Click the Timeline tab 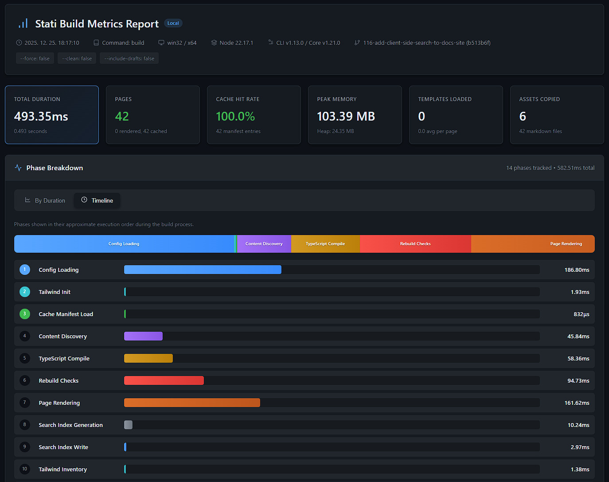tap(97, 200)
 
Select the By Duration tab tap(45, 200)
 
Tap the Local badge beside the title tap(173, 23)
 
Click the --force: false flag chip tap(35, 59)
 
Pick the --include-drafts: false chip tap(129, 59)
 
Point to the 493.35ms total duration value tap(41, 116)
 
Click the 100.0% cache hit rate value tap(235, 116)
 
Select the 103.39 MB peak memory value tap(346, 116)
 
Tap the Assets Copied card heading tap(539, 99)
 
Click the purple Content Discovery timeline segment tap(264, 244)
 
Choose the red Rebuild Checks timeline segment tap(415, 244)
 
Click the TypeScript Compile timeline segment tap(325, 244)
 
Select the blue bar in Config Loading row tap(203, 270)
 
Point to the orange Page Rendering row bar tap(192, 403)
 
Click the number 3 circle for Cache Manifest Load tap(25, 314)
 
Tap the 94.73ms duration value tap(578, 380)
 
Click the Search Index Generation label tap(70, 425)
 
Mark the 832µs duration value tap(581, 314)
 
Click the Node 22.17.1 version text tap(236, 43)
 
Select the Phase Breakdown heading tap(55, 168)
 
